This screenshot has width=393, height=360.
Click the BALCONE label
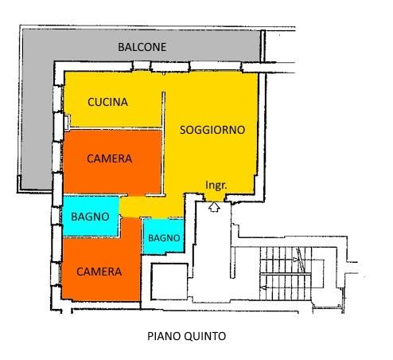142,47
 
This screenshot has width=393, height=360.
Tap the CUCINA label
107,102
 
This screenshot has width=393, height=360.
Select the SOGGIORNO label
212,130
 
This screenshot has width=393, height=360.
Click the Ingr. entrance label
216,185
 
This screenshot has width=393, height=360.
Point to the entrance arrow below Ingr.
214,207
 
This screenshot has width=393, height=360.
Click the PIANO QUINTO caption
187,336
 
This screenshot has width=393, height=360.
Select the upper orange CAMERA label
109,158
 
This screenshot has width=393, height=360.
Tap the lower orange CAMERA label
99,272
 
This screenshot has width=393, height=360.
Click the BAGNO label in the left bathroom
90,217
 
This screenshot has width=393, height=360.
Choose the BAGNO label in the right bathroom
164,238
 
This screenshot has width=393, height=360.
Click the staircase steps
286,274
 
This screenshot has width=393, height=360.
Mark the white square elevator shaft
169,281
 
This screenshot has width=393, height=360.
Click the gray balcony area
37,106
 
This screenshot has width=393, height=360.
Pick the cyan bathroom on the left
91,216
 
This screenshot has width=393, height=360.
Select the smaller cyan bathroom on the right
164,236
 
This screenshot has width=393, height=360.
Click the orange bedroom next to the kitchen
112,162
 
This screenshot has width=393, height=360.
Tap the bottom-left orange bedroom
101,269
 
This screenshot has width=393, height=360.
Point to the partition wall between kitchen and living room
163,143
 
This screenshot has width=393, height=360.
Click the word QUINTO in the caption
205,336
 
